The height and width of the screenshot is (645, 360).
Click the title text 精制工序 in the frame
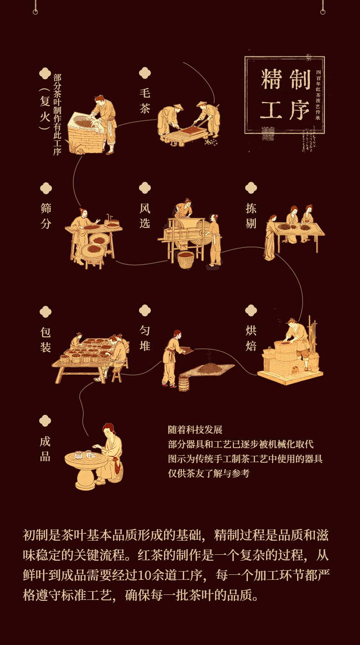285,95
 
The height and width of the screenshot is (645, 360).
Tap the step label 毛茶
144,101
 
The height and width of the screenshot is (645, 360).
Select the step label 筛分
46,216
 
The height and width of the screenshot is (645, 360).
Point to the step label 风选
144,216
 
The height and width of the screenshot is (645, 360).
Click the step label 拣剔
251,216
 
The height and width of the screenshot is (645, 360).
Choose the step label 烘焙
251,338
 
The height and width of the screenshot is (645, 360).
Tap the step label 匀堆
144,338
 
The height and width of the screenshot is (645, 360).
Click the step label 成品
45,449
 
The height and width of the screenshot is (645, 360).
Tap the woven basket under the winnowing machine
185,260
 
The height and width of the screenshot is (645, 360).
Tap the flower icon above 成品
45,421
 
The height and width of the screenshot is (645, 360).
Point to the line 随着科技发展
195,430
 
